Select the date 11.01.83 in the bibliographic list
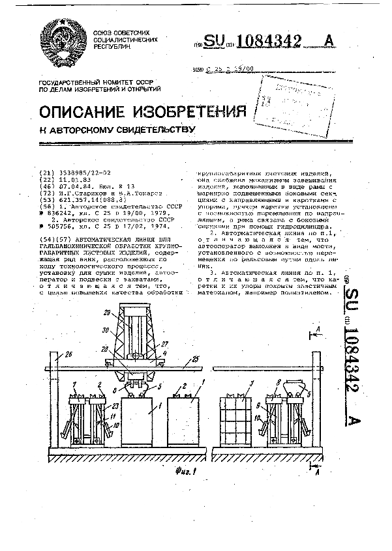[x=72, y=180]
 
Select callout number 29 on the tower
[x=107, y=313]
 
